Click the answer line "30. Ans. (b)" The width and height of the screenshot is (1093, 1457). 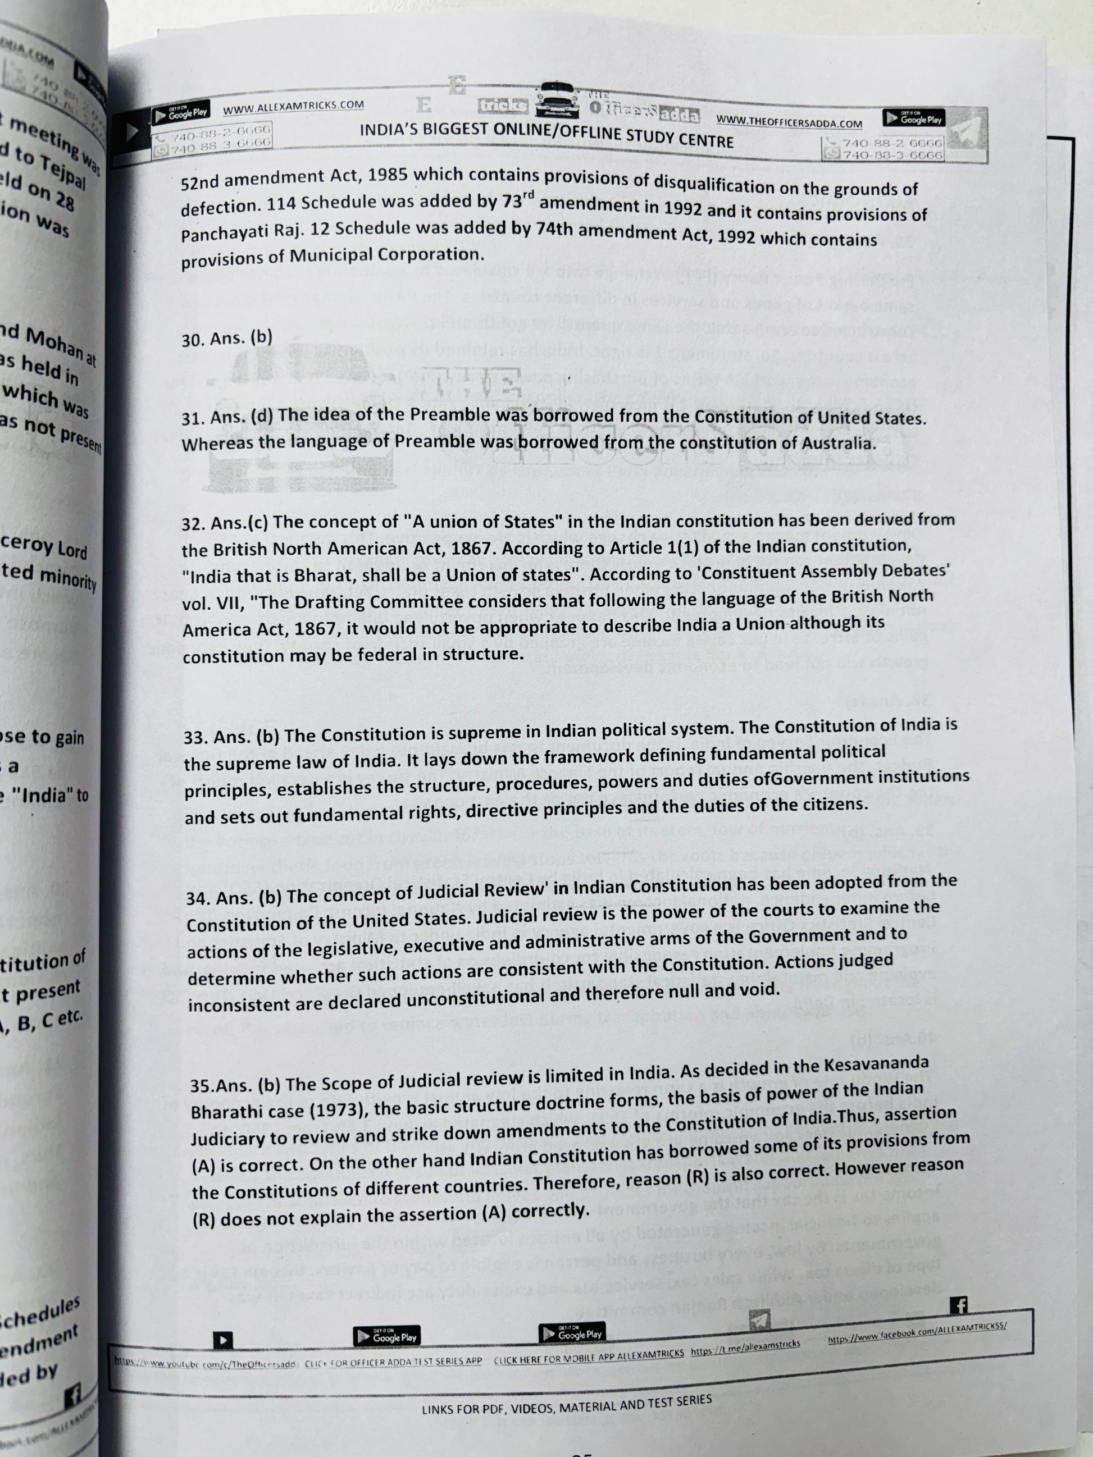coord(227,338)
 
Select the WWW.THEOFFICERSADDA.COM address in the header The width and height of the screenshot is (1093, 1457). coord(789,121)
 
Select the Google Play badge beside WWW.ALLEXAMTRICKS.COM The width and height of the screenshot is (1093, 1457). coord(180,114)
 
